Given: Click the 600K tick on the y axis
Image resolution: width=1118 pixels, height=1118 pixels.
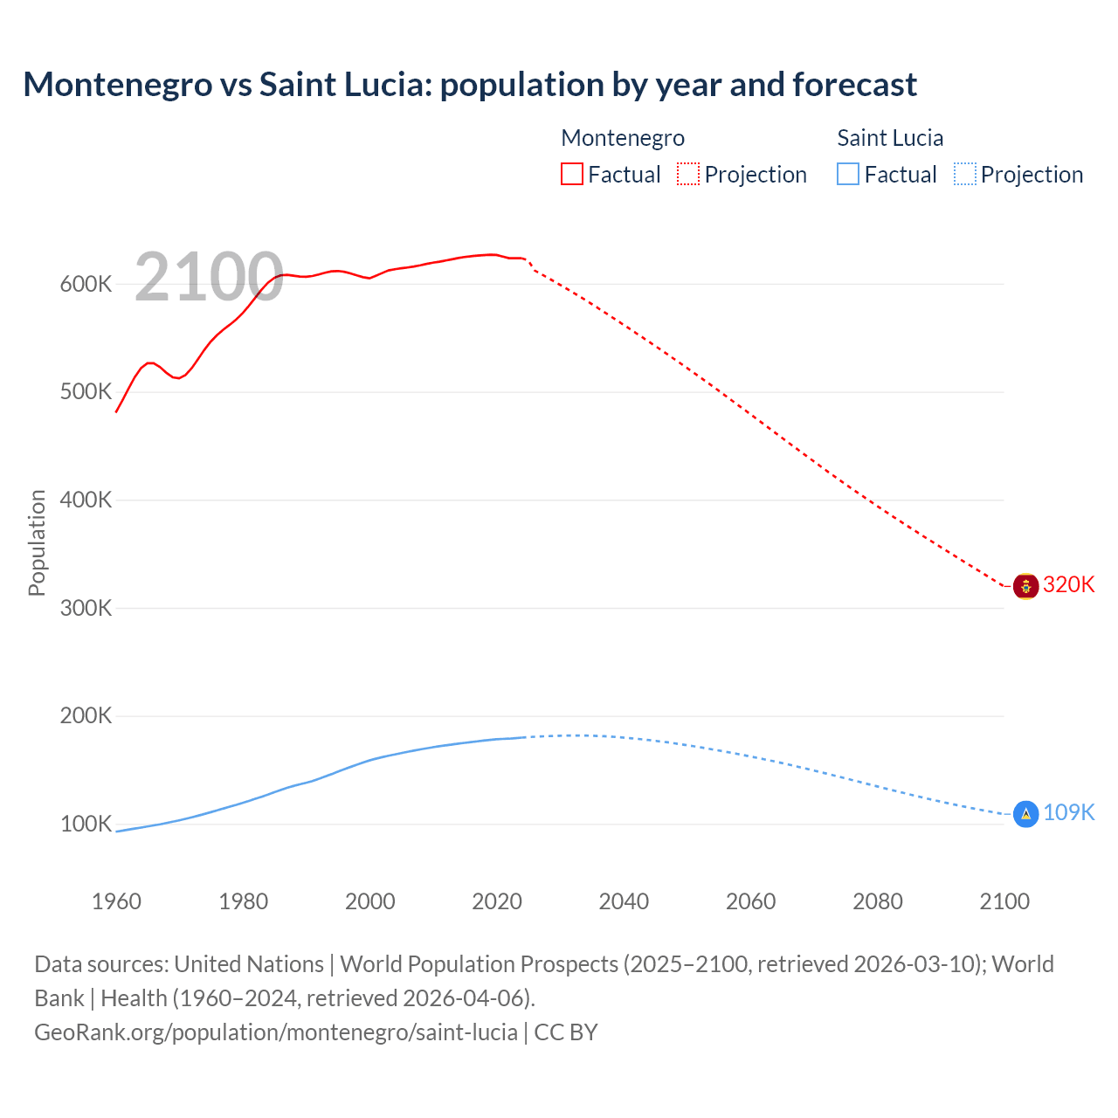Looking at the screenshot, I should [x=86, y=284].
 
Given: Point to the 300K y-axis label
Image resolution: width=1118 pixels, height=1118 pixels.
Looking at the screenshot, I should [x=86, y=608].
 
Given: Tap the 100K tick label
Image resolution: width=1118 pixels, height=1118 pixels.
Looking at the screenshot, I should [x=86, y=824].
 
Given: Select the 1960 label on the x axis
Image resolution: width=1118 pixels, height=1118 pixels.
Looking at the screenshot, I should [x=116, y=901].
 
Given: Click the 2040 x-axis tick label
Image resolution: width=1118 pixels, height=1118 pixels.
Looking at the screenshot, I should [x=624, y=901].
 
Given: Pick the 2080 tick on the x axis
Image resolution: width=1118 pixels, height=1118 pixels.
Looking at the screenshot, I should [x=877, y=901].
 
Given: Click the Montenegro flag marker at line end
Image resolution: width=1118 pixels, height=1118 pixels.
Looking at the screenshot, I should [x=1025, y=586].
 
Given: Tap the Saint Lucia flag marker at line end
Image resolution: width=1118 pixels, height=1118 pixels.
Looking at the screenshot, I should [x=1025, y=814].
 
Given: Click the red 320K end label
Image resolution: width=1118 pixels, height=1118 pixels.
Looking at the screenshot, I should [x=1069, y=585].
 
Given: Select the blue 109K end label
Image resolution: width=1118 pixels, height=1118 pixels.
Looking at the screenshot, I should [x=1069, y=813].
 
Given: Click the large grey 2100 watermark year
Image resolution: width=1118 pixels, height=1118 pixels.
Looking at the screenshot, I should [x=209, y=278].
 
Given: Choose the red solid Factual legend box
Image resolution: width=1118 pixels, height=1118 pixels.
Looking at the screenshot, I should [x=572, y=175].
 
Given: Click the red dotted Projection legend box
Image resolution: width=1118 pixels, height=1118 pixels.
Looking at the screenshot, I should [x=688, y=175].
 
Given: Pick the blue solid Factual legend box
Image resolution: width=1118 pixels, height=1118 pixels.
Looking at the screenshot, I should [x=848, y=175].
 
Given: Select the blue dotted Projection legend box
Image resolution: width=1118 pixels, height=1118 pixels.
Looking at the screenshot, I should [x=964, y=175].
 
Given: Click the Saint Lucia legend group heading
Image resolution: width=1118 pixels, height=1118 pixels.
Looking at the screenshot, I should [x=890, y=138].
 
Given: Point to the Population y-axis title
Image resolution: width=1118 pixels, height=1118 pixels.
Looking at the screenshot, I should [x=37, y=542].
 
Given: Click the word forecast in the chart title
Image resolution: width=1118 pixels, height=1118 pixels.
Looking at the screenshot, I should [x=854, y=85].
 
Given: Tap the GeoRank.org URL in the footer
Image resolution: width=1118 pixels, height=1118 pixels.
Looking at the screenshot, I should [x=275, y=1032].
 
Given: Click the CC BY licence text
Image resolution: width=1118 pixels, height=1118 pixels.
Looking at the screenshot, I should [x=566, y=1032].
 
